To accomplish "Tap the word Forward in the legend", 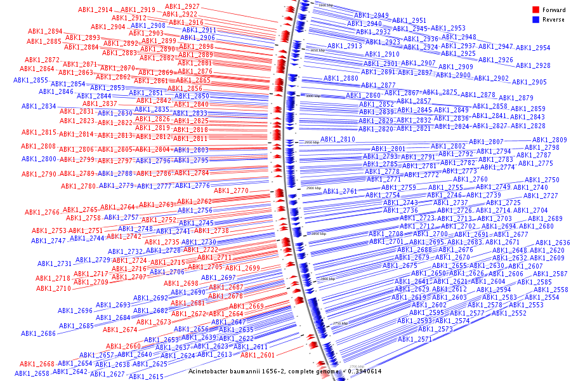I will click(x=554, y=10).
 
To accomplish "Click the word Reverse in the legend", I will click(x=554, y=20).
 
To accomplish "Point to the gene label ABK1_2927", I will click(x=182, y=6).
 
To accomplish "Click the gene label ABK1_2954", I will click(x=533, y=48).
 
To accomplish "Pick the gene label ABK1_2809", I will click(x=549, y=140).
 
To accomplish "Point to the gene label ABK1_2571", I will click(x=415, y=339).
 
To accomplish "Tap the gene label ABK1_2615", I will click(x=146, y=377).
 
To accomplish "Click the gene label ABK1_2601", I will click(x=258, y=355).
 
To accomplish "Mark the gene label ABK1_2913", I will click(x=345, y=46).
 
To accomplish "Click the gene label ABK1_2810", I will click(x=338, y=139).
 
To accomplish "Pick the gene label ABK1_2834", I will click(x=39, y=106).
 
